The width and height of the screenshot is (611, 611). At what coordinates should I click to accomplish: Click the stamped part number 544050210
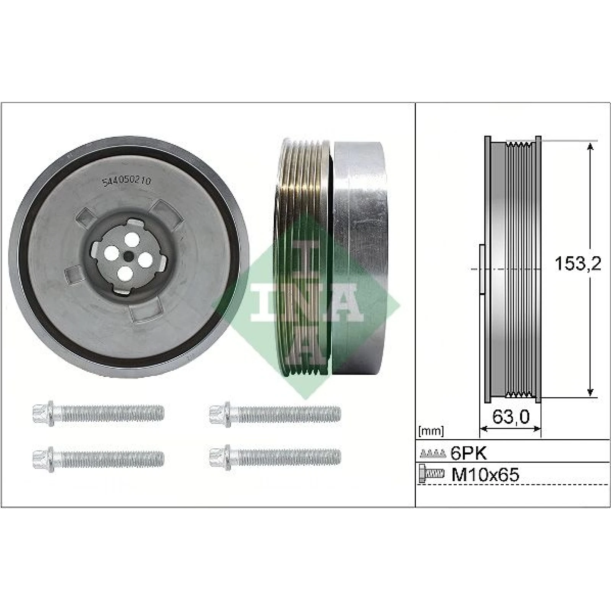126,181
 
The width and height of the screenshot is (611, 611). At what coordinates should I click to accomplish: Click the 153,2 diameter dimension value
578,263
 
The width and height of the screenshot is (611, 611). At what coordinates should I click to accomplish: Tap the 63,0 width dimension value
511,417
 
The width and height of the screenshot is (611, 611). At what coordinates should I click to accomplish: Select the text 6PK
469,453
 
